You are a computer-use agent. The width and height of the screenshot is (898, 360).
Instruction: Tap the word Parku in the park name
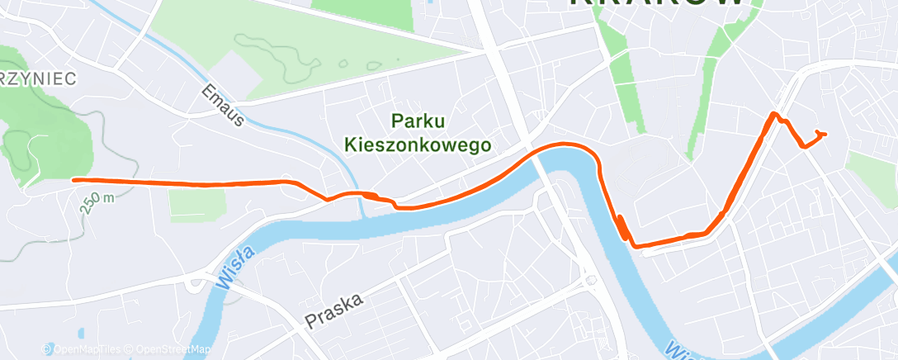418,121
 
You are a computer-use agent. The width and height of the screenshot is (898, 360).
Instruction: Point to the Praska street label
333,309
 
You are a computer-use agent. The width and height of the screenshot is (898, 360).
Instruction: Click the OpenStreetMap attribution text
168,349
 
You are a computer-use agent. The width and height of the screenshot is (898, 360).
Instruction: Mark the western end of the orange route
74,179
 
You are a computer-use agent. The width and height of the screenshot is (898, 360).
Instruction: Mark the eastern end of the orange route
825,134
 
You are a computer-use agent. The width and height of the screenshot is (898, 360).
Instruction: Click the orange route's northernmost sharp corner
773,113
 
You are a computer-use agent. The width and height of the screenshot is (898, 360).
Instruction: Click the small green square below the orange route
185,200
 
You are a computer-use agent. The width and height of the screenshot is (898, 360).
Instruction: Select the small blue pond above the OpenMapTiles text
79,334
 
